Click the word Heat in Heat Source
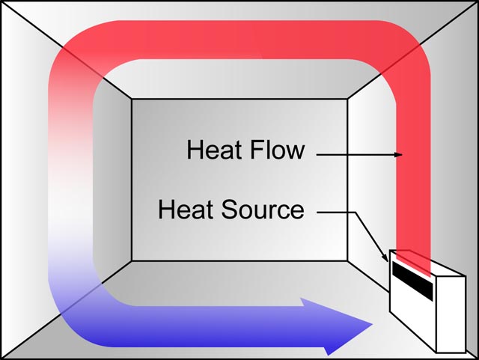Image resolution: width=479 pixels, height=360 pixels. click(x=184, y=209)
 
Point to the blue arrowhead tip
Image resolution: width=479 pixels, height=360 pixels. click(x=371, y=326)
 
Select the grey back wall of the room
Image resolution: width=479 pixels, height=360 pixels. click(x=239, y=225)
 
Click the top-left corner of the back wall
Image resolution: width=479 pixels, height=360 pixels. click(x=132, y=99)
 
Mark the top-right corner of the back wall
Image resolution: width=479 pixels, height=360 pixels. click(x=348, y=99)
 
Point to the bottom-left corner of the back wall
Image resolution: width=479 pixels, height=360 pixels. click(x=132, y=260)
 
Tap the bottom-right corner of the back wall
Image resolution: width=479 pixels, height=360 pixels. click(x=348, y=260)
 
